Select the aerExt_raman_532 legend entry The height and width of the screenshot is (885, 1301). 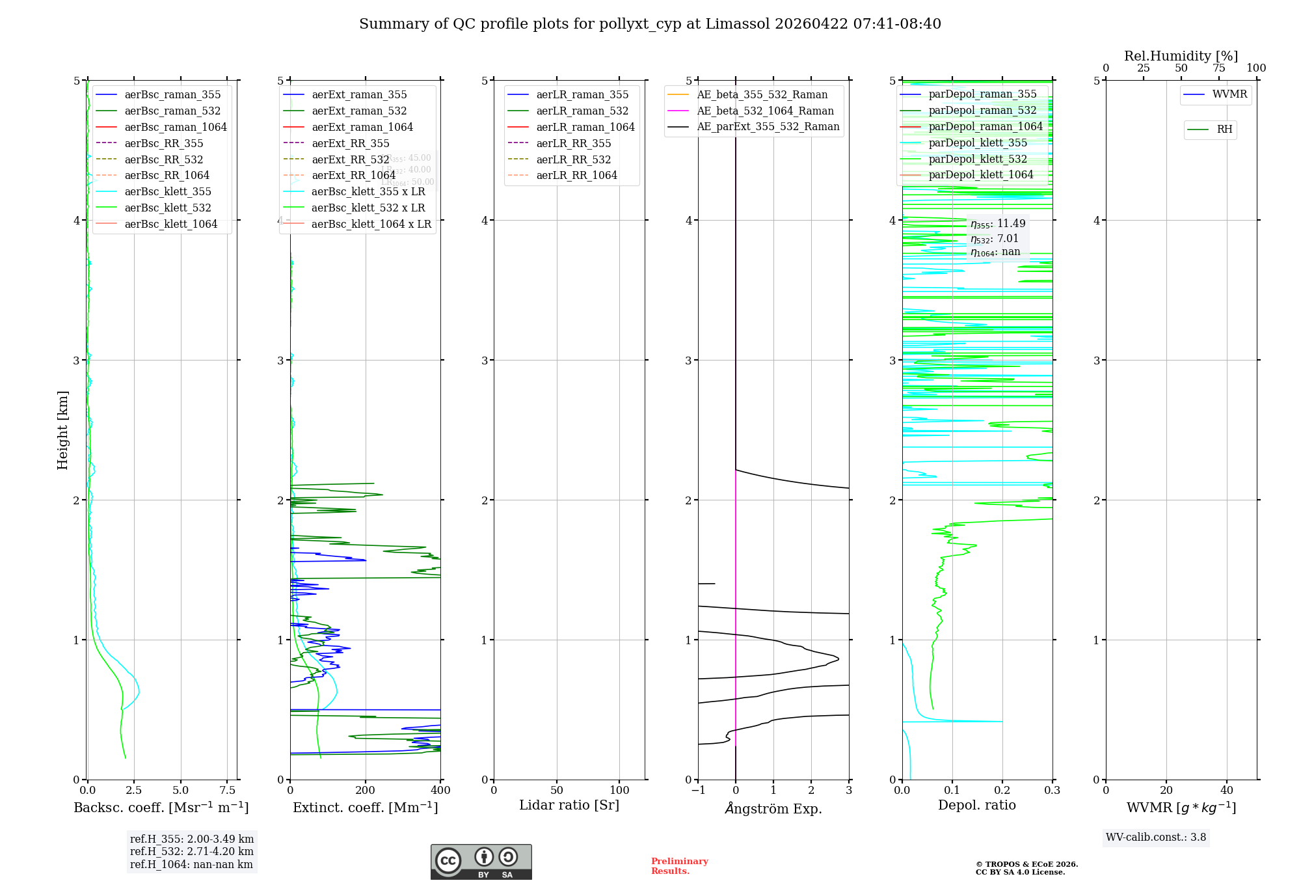click(359, 111)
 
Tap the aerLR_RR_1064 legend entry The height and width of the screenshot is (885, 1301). click(576, 175)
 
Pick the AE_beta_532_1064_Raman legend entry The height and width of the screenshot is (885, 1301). click(765, 111)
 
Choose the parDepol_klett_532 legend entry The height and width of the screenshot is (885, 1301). click(978, 159)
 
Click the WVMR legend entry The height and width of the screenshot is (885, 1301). click(1229, 94)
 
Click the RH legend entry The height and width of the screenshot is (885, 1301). click(1224, 129)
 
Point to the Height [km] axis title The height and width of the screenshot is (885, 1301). click(62, 430)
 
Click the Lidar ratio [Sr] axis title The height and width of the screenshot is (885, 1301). click(569, 805)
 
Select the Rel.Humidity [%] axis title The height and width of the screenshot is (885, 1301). click(1181, 56)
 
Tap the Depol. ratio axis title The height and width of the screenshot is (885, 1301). click(976, 805)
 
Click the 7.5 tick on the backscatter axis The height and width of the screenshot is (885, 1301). click(227, 791)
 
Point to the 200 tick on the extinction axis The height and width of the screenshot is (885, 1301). click(365, 791)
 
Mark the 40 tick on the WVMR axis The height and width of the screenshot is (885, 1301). click(1226, 791)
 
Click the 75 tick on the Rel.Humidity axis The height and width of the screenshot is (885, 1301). click(1218, 68)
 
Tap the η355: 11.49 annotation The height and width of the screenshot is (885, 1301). click(998, 224)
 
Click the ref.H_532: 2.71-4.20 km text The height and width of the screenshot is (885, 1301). click(191, 851)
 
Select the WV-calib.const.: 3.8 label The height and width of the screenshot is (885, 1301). click(1156, 837)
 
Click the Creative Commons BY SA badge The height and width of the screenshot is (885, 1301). click(481, 862)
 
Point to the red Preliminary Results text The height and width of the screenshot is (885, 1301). click(679, 866)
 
